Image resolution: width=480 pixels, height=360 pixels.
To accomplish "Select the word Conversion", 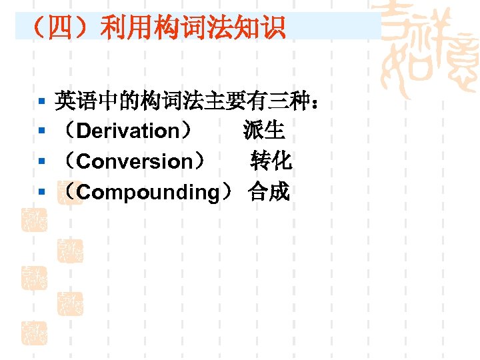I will coord(137,161).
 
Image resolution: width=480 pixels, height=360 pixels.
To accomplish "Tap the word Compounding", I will coord(147,193).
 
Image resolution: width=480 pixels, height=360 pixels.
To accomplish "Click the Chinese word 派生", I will coord(264,130).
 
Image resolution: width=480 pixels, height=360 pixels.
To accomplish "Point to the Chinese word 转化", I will coord(271,161).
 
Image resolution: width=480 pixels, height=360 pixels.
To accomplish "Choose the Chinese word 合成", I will coord(269,192).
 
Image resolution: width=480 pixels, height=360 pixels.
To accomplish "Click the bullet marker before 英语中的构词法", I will coord(41,101).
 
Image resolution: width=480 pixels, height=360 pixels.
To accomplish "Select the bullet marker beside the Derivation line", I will coord(41,131).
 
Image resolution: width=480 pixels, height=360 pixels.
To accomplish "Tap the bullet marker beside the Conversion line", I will coord(41,162).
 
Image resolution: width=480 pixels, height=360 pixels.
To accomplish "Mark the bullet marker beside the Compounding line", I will coord(41,193).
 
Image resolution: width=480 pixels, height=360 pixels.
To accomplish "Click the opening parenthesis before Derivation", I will coord(69,131).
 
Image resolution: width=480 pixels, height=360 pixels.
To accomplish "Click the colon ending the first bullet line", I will coord(313,102).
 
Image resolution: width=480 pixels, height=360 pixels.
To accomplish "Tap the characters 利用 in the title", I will coord(120,28).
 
